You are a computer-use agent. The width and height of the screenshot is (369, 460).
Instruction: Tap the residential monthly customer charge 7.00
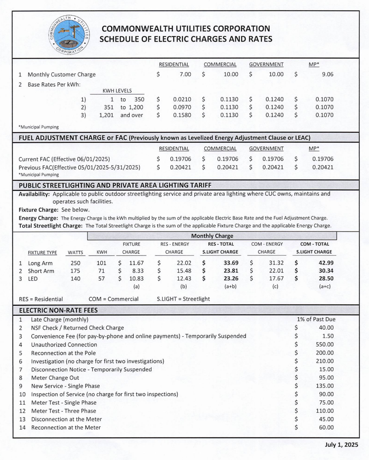[x=185, y=74]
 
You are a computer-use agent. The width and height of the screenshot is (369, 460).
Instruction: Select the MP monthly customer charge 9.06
[x=327, y=74]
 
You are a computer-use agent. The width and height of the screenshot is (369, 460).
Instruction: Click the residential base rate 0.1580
[x=182, y=115]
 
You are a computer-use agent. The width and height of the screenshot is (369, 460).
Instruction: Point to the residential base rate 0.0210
[x=182, y=99]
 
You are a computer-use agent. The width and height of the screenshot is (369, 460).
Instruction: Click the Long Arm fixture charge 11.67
[x=136, y=263]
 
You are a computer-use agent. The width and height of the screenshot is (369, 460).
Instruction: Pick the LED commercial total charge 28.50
[x=326, y=278]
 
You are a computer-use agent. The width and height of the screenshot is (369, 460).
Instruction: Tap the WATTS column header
[x=75, y=252]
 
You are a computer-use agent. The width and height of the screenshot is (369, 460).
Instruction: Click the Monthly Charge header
[x=212, y=236]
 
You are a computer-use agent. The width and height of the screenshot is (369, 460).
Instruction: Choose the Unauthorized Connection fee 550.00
[x=324, y=344]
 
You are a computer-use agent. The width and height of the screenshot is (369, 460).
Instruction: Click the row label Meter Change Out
[x=55, y=378]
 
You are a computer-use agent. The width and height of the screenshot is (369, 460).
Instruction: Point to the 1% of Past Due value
[x=316, y=319]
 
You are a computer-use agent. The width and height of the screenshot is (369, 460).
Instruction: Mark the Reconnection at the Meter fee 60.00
[x=326, y=427]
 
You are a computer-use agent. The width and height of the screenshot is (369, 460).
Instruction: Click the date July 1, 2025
[x=342, y=445]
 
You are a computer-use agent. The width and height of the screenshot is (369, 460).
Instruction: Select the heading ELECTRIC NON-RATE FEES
[x=58, y=310]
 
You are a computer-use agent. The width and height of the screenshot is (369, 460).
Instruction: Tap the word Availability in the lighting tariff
[x=34, y=194]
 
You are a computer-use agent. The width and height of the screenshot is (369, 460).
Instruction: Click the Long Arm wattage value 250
[x=75, y=263]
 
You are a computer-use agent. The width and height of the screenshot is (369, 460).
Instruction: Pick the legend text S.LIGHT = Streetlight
[x=183, y=299]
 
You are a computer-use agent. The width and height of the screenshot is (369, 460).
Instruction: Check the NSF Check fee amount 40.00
[x=326, y=328]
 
